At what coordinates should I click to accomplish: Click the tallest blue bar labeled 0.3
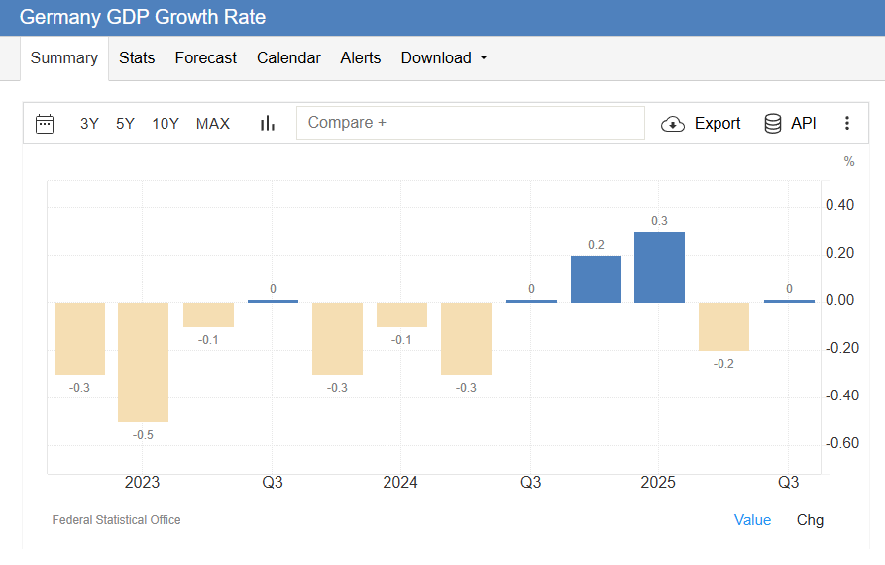(659, 267)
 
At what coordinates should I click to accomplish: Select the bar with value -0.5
(143, 362)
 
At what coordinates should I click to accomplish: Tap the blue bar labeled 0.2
(596, 279)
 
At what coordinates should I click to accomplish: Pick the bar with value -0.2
(723, 326)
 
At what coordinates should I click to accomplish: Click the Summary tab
(64, 58)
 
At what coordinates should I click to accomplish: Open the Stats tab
(137, 58)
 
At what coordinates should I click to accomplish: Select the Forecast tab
(206, 58)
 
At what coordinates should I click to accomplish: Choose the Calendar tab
(288, 58)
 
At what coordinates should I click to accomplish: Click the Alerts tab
(361, 58)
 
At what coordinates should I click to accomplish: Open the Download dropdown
(444, 58)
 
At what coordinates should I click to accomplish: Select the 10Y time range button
(166, 124)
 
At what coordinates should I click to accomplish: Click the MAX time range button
(213, 124)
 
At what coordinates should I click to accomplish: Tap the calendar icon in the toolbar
(45, 124)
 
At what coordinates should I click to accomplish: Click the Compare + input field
(471, 123)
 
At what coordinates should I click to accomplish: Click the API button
(791, 124)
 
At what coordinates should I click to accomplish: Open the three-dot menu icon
(847, 124)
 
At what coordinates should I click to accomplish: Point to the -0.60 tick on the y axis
(841, 443)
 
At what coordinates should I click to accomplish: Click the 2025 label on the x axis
(658, 483)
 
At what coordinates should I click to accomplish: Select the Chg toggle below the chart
(810, 520)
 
